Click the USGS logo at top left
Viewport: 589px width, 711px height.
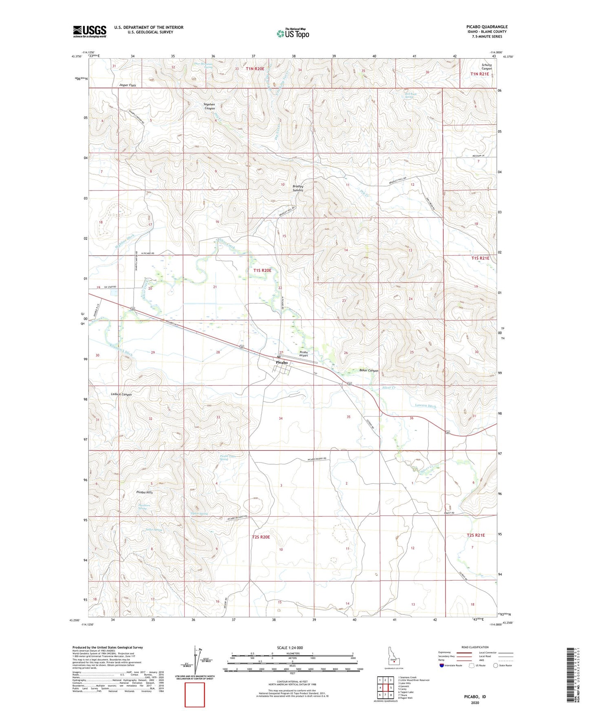[90, 31]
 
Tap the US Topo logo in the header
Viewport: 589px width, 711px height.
[293, 33]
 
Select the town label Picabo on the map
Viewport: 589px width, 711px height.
[282, 362]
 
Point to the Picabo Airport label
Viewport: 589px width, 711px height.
[304, 354]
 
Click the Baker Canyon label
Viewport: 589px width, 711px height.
[368, 371]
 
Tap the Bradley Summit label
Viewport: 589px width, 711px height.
[298, 188]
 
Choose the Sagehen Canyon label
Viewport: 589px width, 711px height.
[209, 106]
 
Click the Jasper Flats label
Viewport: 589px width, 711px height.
[128, 85]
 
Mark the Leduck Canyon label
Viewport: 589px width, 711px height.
[121, 395]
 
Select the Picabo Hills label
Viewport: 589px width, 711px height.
[144, 492]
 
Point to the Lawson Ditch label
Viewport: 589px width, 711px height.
[426, 406]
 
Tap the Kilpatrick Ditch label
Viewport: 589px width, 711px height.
[121, 348]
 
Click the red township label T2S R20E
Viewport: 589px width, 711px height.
[261, 537]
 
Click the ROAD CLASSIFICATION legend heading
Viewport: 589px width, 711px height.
[475, 647]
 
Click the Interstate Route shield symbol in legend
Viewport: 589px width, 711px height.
[442, 666]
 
